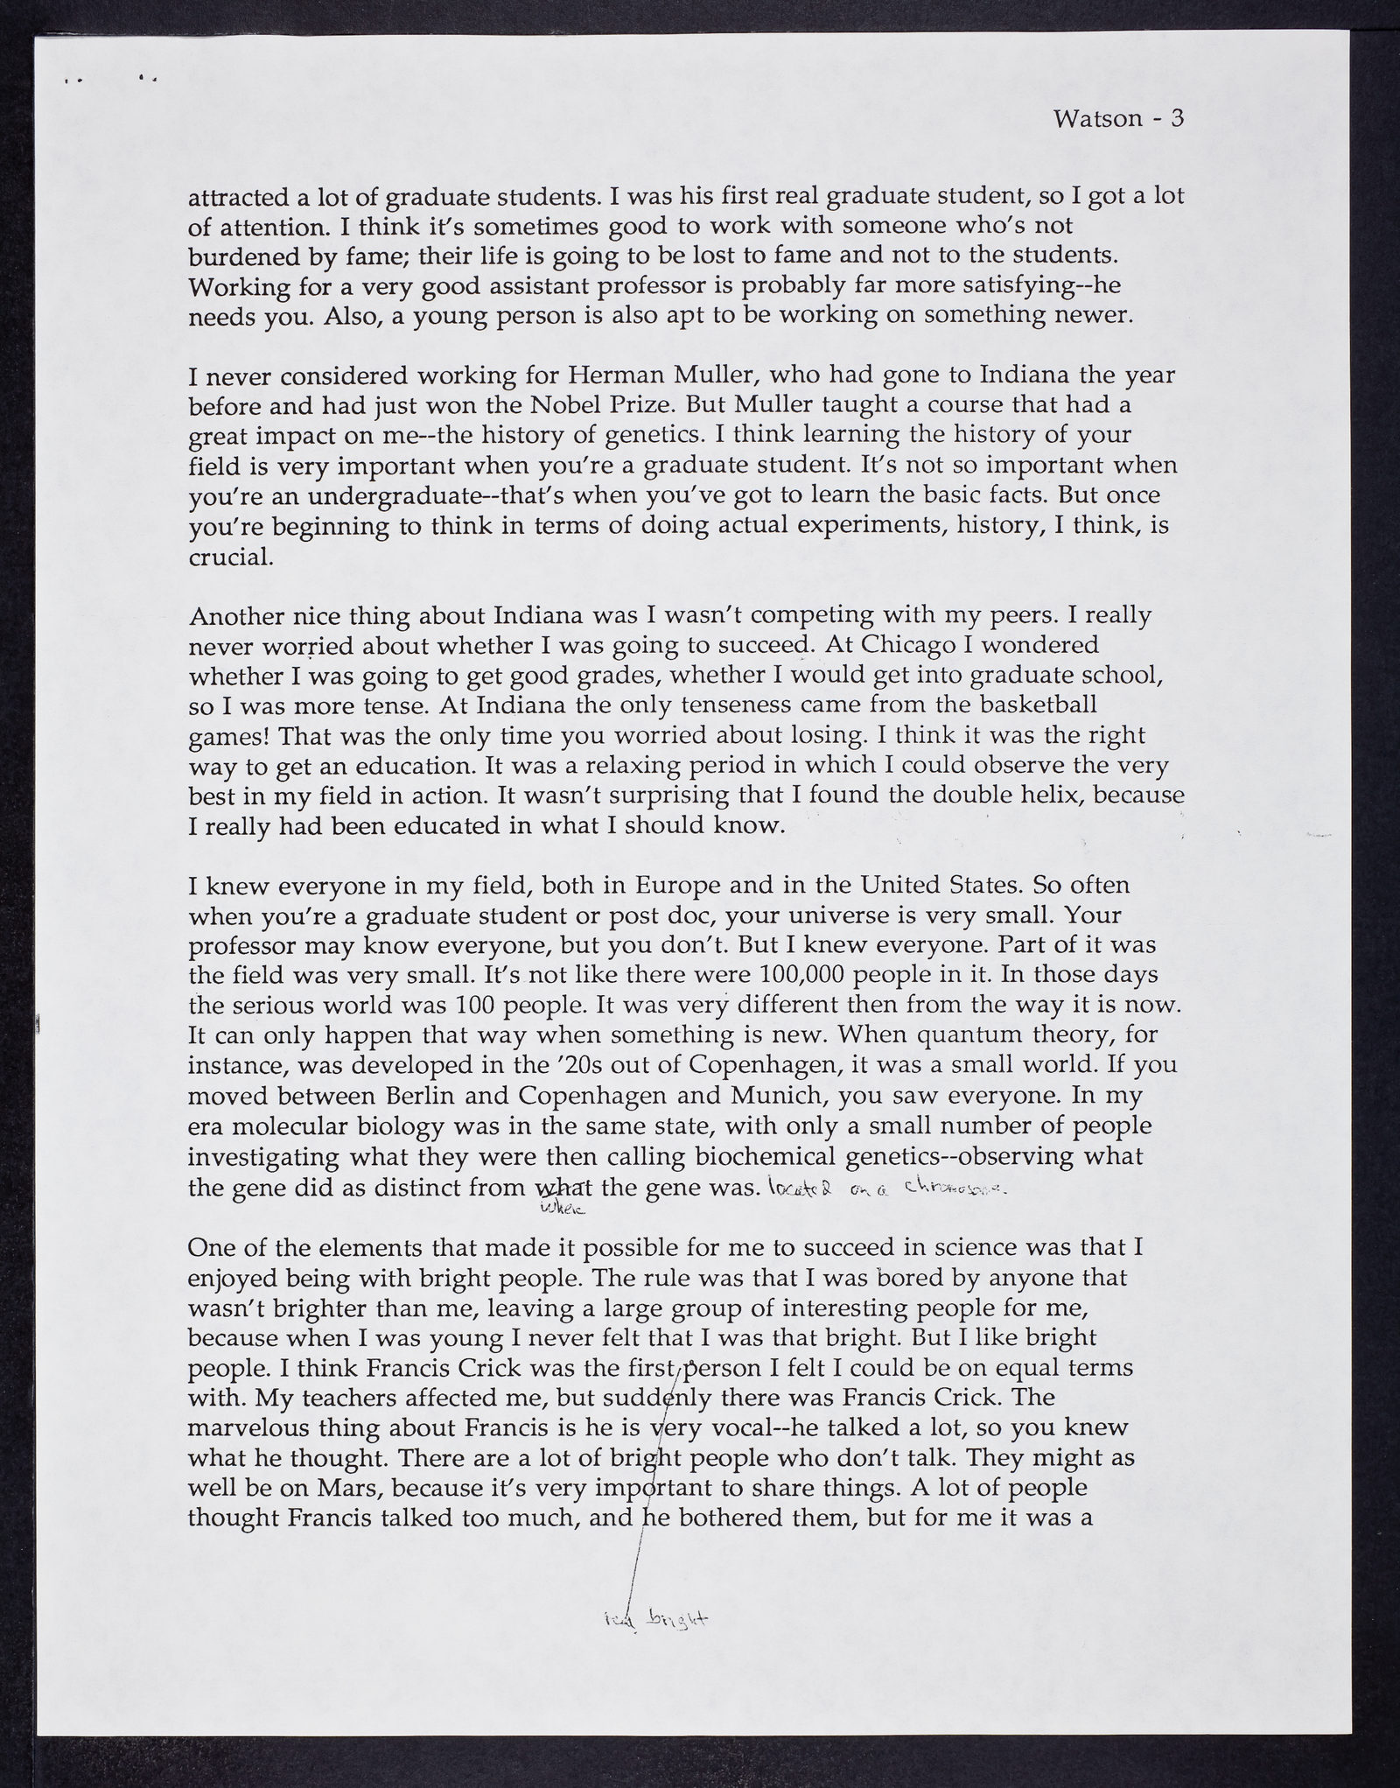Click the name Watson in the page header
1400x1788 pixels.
(x=1097, y=119)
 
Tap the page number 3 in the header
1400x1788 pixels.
(x=1176, y=118)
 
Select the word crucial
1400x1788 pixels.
(x=230, y=557)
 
